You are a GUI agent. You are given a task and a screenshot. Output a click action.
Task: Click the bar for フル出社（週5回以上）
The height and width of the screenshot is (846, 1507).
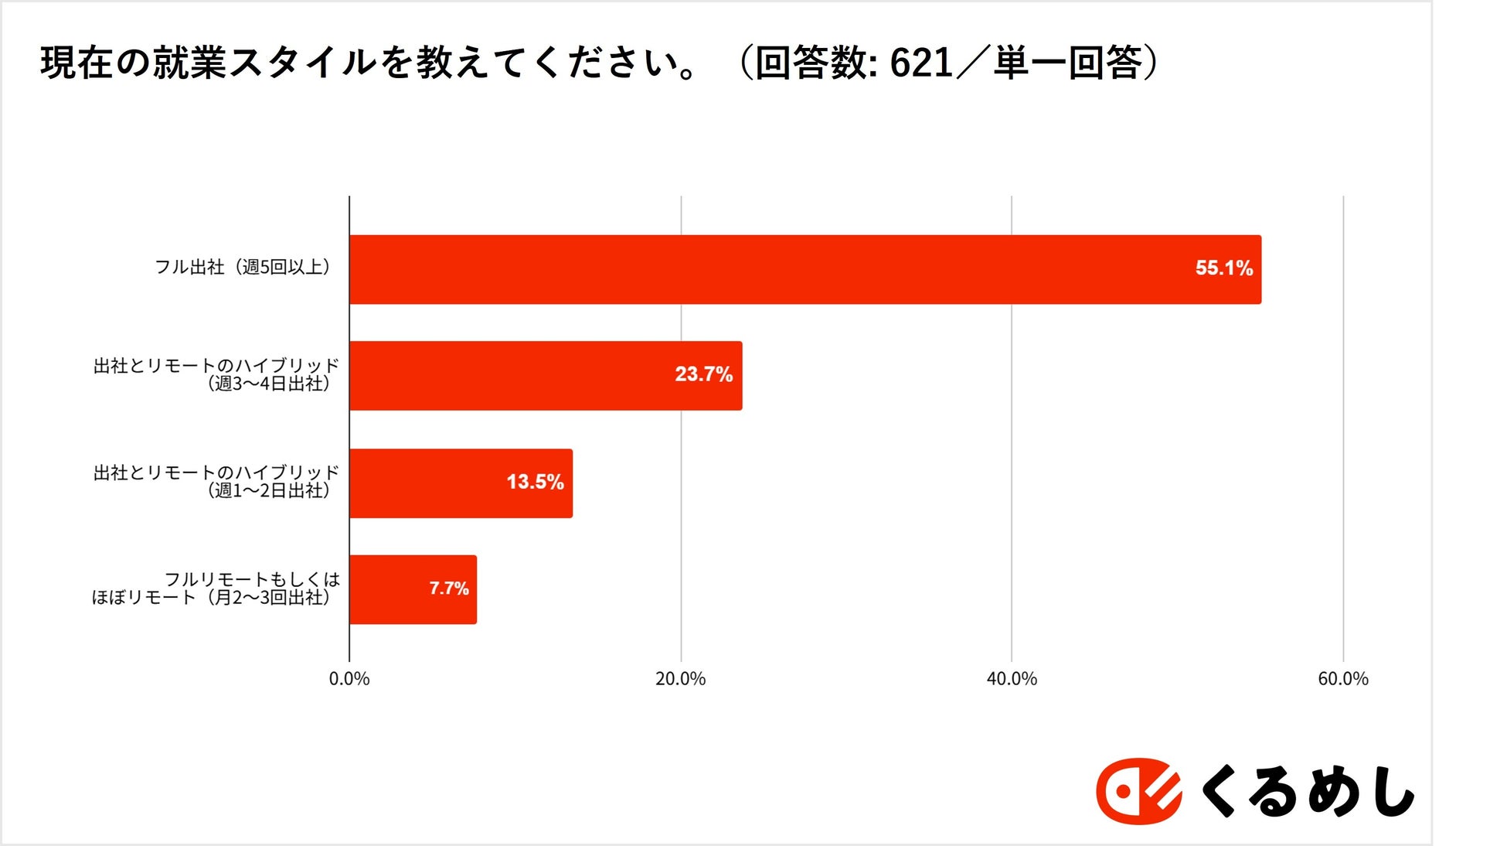[804, 269]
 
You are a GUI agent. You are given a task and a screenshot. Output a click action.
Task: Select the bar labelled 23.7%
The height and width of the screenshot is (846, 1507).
[545, 376]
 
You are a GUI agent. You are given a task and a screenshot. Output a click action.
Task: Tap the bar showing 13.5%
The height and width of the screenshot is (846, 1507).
[460, 483]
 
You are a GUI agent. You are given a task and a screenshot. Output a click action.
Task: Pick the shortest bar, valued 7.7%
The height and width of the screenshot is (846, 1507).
[412, 589]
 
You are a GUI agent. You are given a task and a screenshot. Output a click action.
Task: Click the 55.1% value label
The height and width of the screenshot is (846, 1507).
[1223, 268]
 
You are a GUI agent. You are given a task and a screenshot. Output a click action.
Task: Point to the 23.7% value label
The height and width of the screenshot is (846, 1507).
[703, 374]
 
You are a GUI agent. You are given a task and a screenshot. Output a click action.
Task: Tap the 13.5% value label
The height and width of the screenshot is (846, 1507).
[535, 482]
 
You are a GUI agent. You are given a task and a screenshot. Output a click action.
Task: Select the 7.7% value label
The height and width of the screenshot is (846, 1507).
[449, 588]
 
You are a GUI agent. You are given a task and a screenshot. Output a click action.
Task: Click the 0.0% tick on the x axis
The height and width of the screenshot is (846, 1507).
[349, 679]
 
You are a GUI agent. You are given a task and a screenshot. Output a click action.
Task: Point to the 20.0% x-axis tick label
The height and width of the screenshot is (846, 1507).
[680, 679]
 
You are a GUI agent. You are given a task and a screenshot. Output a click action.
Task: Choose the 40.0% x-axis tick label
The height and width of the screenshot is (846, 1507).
[1012, 679]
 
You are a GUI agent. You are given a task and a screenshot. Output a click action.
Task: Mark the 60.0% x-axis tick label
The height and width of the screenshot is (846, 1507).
[1343, 679]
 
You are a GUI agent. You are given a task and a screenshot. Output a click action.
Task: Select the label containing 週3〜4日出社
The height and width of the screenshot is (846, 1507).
[216, 374]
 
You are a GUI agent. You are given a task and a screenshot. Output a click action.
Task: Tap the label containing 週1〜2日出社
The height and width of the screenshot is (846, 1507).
[216, 481]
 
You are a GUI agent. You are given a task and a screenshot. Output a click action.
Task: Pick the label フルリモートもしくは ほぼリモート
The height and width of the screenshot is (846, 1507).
[216, 588]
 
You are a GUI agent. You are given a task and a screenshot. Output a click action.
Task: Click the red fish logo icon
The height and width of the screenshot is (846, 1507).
[1138, 791]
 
